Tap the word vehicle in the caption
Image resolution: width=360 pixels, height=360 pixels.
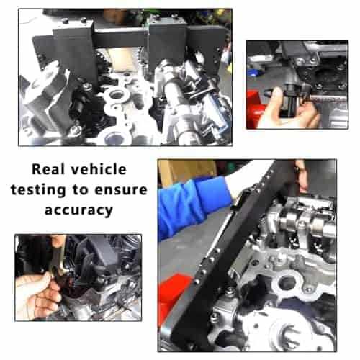(x=99, y=169)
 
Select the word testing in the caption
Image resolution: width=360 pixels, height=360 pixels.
(x=38, y=190)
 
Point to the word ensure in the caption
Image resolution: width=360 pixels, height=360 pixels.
(x=121, y=190)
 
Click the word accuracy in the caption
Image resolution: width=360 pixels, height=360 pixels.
(x=78, y=210)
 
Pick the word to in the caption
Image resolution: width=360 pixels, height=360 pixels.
(x=80, y=190)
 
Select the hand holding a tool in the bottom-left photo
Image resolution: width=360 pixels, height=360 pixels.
(x=37, y=295)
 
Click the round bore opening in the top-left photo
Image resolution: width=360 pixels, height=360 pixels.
(x=117, y=94)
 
